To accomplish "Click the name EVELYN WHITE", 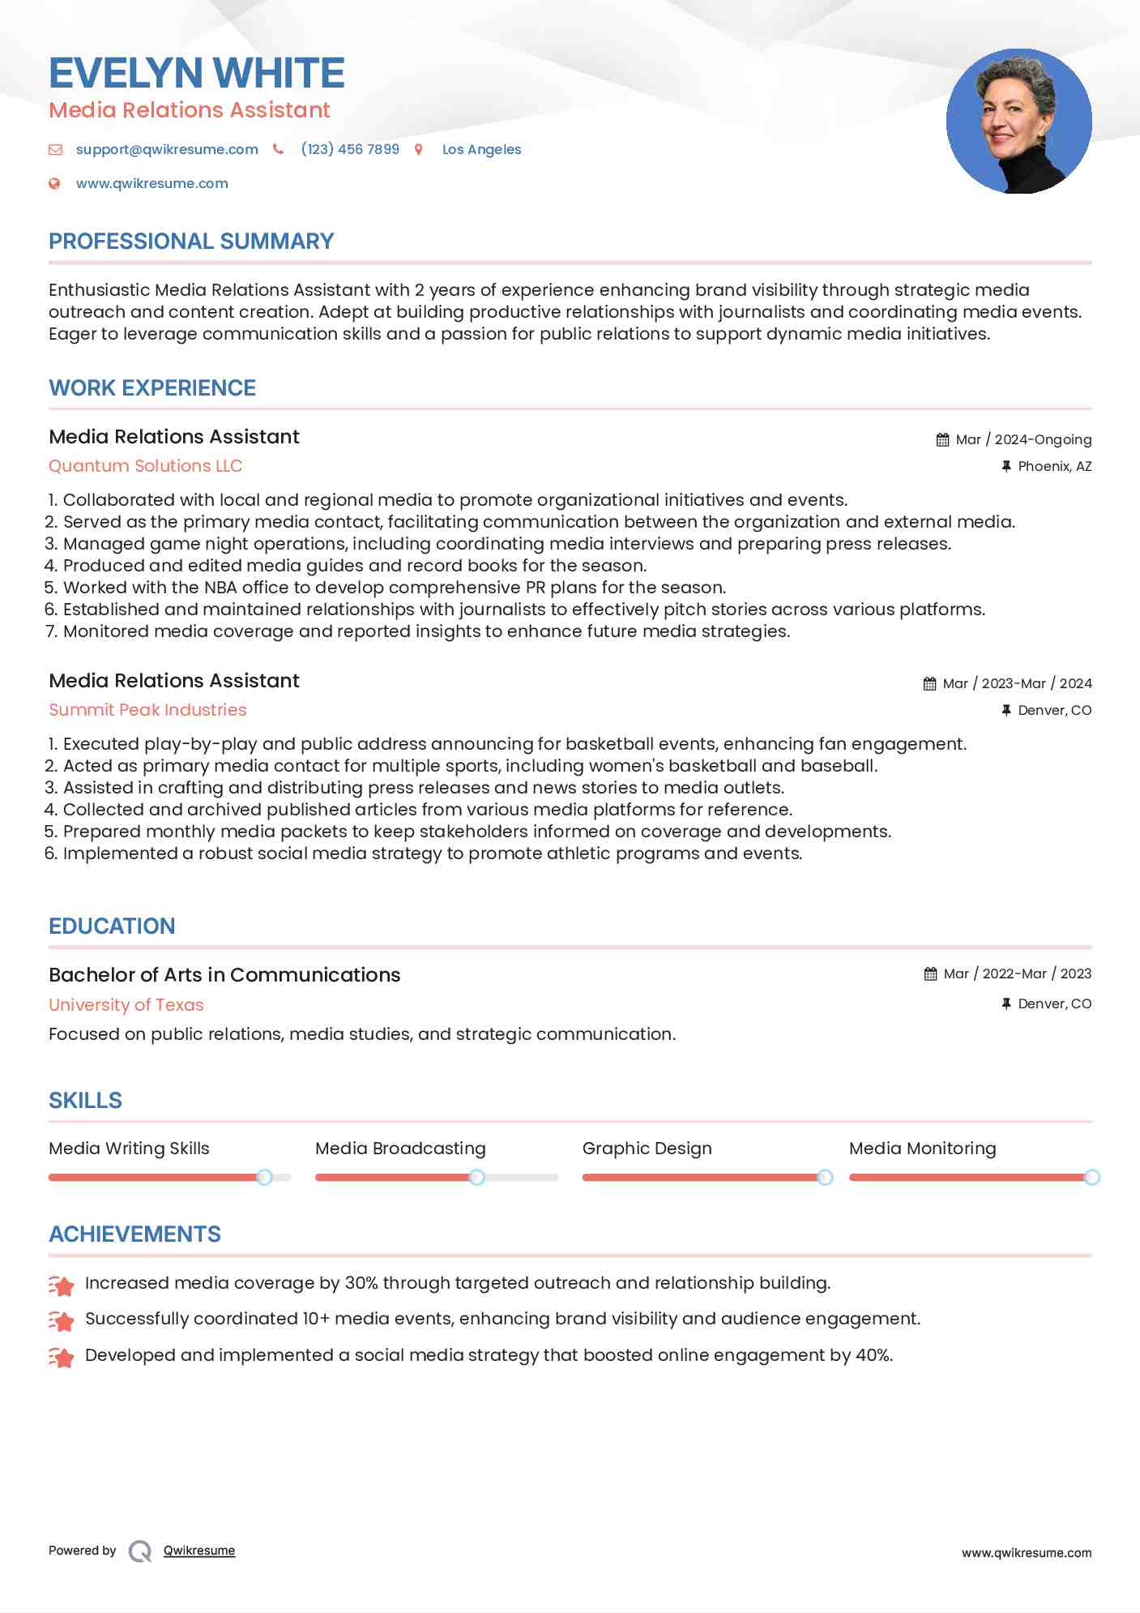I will coord(197,73).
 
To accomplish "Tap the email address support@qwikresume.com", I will coord(167,149).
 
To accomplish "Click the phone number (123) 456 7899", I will coord(350,149).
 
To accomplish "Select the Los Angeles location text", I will coord(481,149).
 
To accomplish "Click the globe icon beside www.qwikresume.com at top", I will coord(54,183).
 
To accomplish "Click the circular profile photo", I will coord(1018,121).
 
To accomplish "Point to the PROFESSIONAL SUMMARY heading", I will coord(191,242).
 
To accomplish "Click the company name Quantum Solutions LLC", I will coord(145,466).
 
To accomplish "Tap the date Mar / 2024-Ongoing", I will coord(1023,439).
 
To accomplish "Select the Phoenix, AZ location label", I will coord(1054,466).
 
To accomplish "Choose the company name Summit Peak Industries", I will coord(147,710).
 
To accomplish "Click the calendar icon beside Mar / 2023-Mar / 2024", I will coord(929,683).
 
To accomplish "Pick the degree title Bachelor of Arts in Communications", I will coord(224,975).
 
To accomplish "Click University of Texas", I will coord(126,1005).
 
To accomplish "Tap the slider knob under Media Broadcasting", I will coord(477,1177).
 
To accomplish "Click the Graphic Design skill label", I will coord(647,1149).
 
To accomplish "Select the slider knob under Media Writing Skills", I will coord(264,1177).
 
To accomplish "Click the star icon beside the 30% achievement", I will coord(62,1285).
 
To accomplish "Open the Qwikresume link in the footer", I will coord(199,1551).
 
